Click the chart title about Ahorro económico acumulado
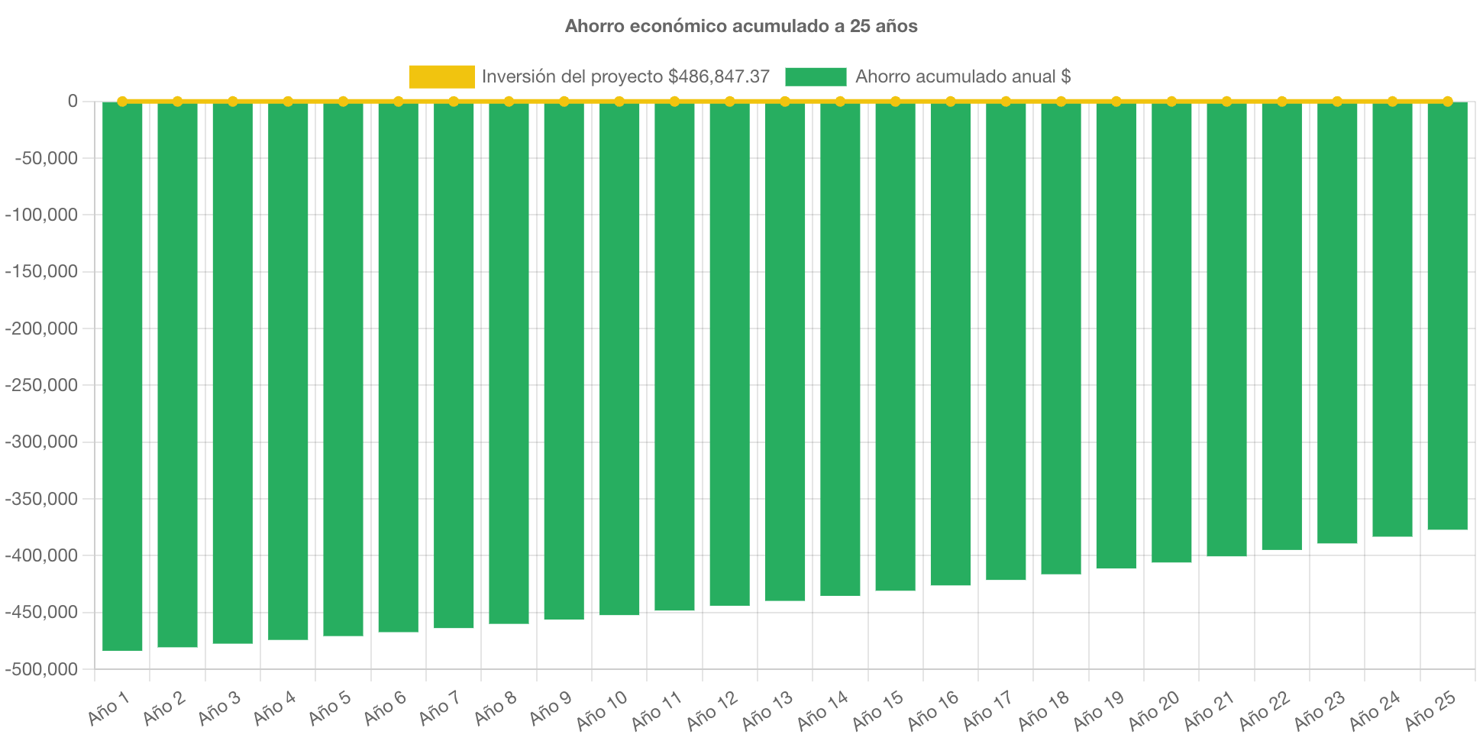click(741, 26)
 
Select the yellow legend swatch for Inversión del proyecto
click(441, 76)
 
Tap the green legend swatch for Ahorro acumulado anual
click(815, 76)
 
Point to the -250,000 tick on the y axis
click(41, 385)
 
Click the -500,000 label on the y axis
click(41, 669)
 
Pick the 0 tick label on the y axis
click(73, 101)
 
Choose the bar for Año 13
click(785, 351)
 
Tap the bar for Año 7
click(454, 365)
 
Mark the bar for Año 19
click(1116, 335)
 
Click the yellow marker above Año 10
click(619, 101)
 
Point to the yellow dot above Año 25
click(1447, 101)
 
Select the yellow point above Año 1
click(122, 101)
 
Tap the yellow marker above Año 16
click(951, 101)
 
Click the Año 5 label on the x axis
click(329, 708)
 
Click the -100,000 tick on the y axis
click(41, 215)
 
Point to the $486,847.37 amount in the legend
click(718, 76)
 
